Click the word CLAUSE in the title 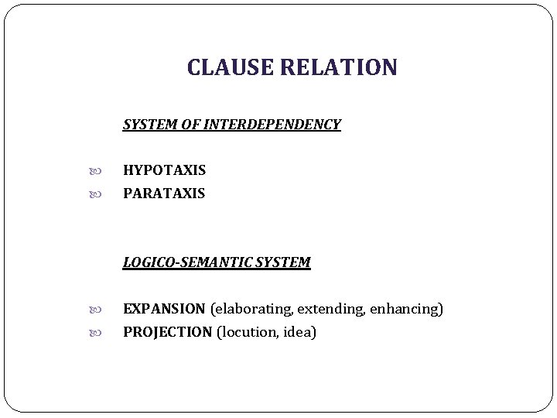[230, 68]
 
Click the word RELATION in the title [338, 68]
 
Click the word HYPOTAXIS [164, 170]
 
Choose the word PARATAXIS [164, 193]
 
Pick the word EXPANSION [164, 309]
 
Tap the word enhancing [406, 309]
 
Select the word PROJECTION [167, 332]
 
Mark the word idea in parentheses [299, 332]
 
